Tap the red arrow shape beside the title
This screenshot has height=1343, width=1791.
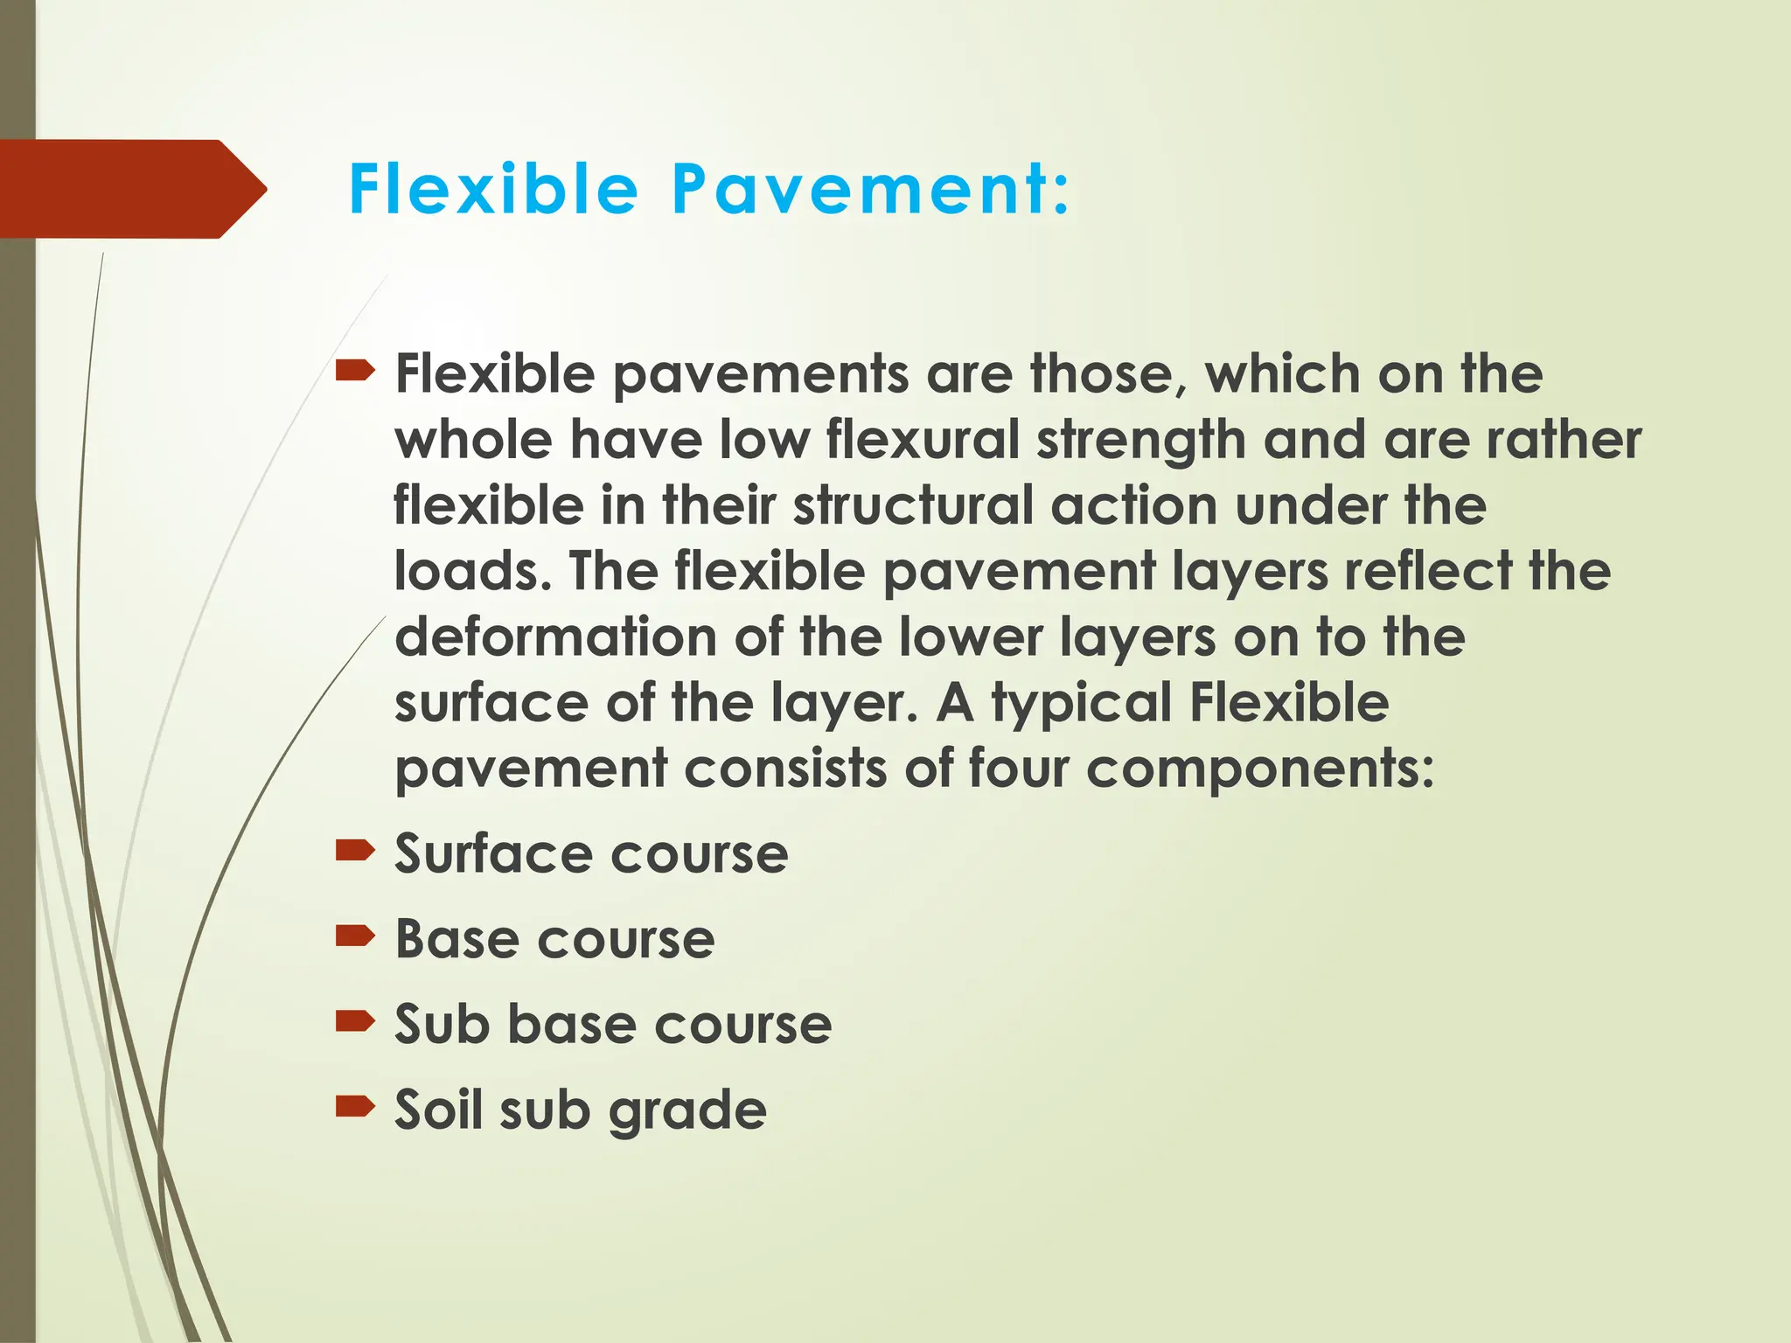coord(131,189)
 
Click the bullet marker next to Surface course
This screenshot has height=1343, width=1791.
coord(355,850)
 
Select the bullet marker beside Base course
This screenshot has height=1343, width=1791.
coord(355,936)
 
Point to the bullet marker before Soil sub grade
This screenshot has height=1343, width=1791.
coord(355,1107)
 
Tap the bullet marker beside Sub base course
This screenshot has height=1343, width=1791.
coord(355,1021)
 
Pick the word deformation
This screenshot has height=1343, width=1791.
coord(555,637)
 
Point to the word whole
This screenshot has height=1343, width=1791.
coord(473,439)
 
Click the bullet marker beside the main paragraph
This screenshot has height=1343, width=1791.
coord(355,372)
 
